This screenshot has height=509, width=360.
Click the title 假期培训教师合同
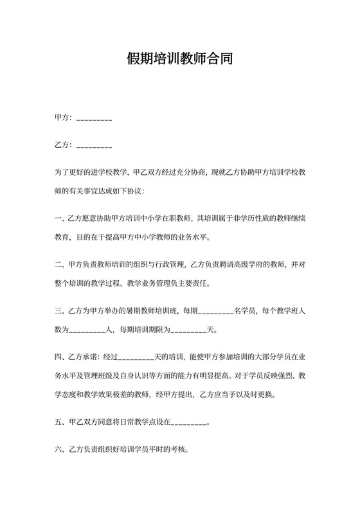pos(179,60)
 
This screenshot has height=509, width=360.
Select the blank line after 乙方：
pos(94,146)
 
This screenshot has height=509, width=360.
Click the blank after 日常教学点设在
pos(190,424)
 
